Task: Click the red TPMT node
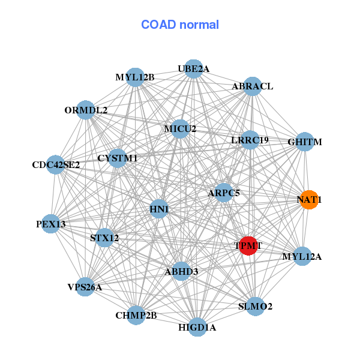coord(248,245)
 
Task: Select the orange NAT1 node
coord(308,200)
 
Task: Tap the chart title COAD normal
coord(180,25)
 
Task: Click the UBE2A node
coord(193,69)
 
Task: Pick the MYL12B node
coord(136,77)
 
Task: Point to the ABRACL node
coord(253,86)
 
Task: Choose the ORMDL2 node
coord(86,110)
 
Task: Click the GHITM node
coord(305,142)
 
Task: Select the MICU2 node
coord(180,129)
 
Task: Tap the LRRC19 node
coord(250,140)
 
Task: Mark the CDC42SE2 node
coord(56,164)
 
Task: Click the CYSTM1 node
coord(117,158)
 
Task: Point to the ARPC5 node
coord(224,193)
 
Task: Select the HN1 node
coord(159,209)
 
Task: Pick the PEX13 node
coord(51,224)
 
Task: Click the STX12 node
coord(104,238)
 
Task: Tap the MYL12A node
coord(302,257)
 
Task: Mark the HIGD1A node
coord(197,328)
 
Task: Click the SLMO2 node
coord(255,307)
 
